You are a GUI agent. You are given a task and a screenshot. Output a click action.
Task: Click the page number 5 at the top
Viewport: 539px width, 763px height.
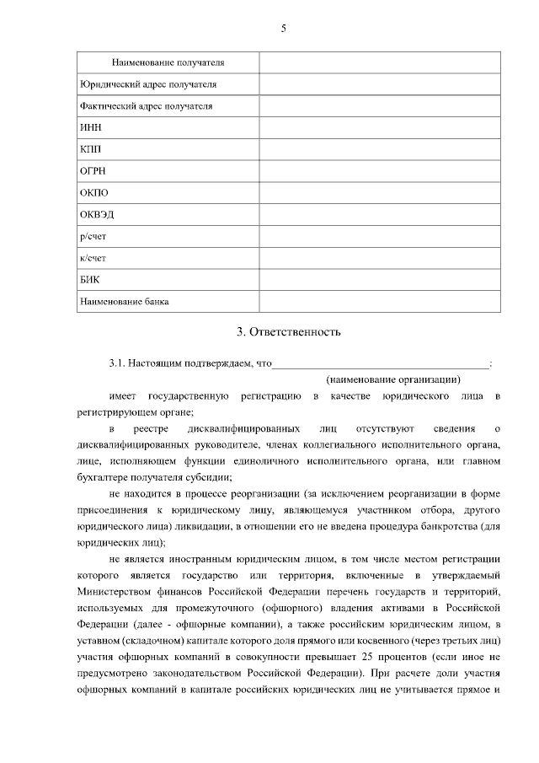click(283, 29)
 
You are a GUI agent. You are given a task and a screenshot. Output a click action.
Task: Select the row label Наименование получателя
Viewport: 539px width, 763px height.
click(169, 62)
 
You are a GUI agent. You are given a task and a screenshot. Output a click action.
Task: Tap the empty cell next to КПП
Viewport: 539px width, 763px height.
click(379, 149)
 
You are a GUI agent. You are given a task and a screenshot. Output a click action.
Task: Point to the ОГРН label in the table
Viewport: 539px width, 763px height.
click(93, 171)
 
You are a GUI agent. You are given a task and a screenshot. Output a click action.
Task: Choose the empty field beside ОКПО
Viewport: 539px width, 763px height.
click(379, 193)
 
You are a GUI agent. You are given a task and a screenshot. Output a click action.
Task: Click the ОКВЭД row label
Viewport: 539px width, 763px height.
click(96, 214)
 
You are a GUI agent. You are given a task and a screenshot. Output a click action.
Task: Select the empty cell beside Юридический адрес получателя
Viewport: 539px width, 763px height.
click(379, 84)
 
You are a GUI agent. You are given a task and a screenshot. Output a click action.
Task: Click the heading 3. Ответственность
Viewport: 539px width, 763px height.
click(288, 331)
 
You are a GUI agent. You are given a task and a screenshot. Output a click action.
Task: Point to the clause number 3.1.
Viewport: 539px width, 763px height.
click(117, 364)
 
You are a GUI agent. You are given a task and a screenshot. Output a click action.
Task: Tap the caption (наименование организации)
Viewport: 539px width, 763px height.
click(393, 379)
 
